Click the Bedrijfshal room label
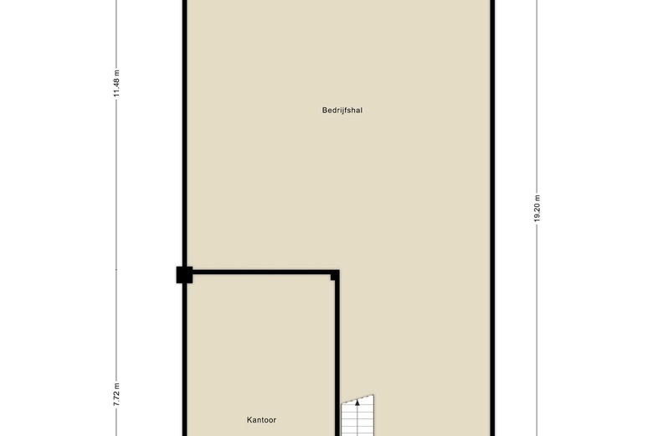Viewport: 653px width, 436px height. (x=342, y=111)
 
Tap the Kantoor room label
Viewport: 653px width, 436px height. (x=261, y=420)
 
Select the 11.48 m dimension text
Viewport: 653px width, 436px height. (x=116, y=84)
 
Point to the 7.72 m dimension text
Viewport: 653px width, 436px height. (x=116, y=394)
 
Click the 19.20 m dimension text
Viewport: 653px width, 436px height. (x=537, y=209)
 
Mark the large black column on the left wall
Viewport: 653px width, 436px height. (x=184, y=275)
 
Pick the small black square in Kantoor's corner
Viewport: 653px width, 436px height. (x=333, y=277)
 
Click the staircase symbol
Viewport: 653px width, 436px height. (x=357, y=416)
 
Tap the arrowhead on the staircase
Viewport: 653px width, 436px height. (x=357, y=402)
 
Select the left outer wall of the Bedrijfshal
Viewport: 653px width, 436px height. (x=185, y=133)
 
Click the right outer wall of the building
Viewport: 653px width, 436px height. (x=492, y=218)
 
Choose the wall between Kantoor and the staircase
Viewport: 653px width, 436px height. (x=337, y=356)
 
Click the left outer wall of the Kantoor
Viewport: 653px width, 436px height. (x=185, y=360)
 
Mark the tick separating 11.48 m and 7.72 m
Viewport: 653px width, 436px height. (x=116, y=269)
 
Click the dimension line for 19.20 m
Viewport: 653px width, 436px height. (x=537, y=218)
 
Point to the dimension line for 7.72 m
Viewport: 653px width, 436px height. (x=116, y=352)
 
